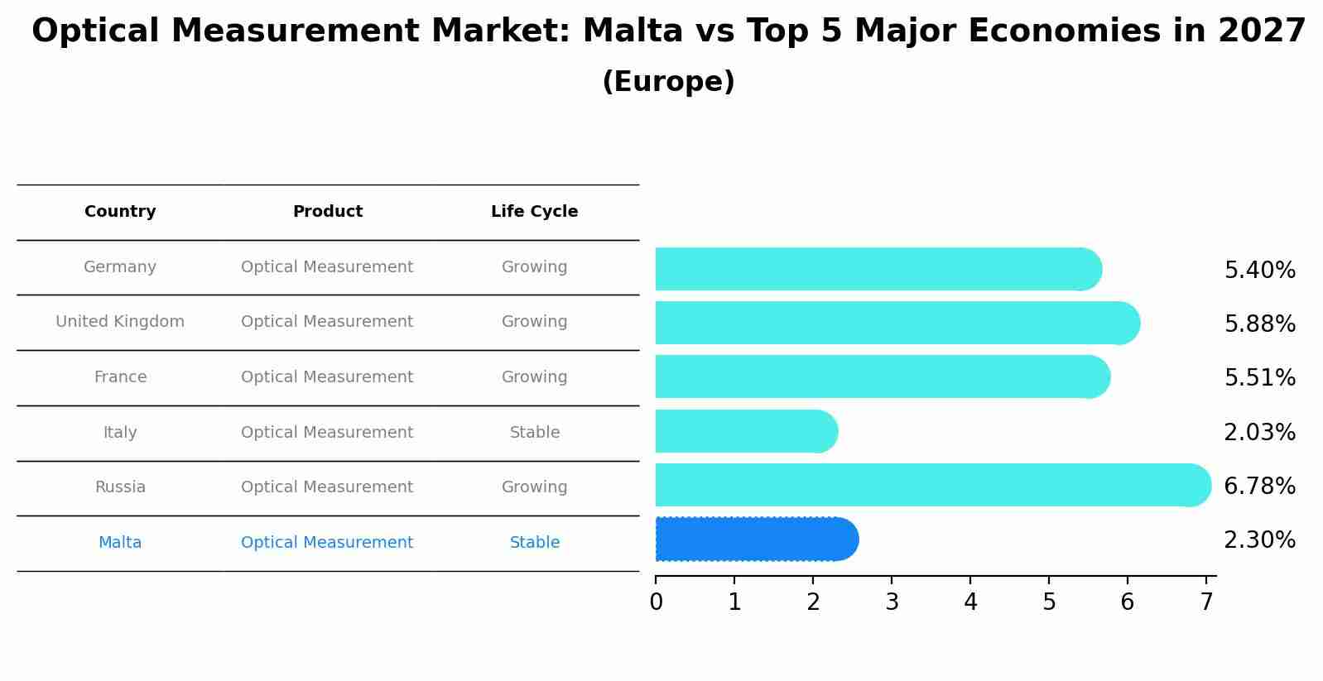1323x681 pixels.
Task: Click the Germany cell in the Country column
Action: coord(120,267)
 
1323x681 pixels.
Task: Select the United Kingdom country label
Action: coord(120,322)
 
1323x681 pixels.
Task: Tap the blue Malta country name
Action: coord(120,543)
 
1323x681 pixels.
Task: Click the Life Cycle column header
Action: coord(534,212)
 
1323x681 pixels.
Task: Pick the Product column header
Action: coord(328,212)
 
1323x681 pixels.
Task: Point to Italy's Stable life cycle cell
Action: coord(534,433)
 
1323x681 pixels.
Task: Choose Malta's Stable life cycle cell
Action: coord(534,543)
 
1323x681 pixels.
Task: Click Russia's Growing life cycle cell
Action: coord(534,487)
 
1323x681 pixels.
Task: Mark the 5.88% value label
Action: coord(1259,324)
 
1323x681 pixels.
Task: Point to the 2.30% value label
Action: coord(1259,540)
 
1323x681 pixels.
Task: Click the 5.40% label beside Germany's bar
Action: coord(1259,271)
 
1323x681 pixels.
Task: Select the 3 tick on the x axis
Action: coord(892,602)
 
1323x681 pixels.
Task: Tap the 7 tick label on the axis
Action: coord(1206,602)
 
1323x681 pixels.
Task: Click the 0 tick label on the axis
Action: coord(656,602)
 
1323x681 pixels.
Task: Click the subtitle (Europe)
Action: coord(668,82)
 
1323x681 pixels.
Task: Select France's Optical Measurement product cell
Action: coord(327,377)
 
